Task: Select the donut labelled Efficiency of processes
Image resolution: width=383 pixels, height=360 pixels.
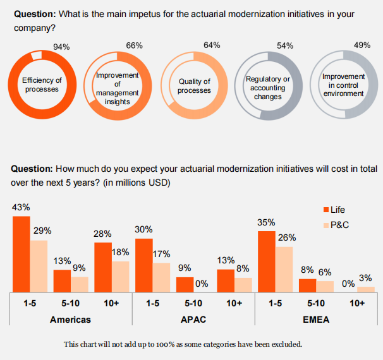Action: click(42, 85)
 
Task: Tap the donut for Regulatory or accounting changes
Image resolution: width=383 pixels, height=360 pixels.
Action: click(269, 85)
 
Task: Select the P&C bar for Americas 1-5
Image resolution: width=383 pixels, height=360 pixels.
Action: click(39, 266)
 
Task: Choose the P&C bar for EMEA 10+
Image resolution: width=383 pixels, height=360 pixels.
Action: click(366, 289)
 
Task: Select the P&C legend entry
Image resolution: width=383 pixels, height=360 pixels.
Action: click(336, 225)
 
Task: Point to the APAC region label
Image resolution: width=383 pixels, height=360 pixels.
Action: click(193, 319)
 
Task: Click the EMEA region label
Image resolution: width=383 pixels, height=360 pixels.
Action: click(316, 319)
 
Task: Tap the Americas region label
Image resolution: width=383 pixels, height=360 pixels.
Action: click(70, 319)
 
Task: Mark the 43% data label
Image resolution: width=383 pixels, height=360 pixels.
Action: click(21, 207)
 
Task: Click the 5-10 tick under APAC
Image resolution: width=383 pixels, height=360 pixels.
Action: click(193, 303)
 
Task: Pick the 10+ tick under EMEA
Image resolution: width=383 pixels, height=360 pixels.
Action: click(357, 303)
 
